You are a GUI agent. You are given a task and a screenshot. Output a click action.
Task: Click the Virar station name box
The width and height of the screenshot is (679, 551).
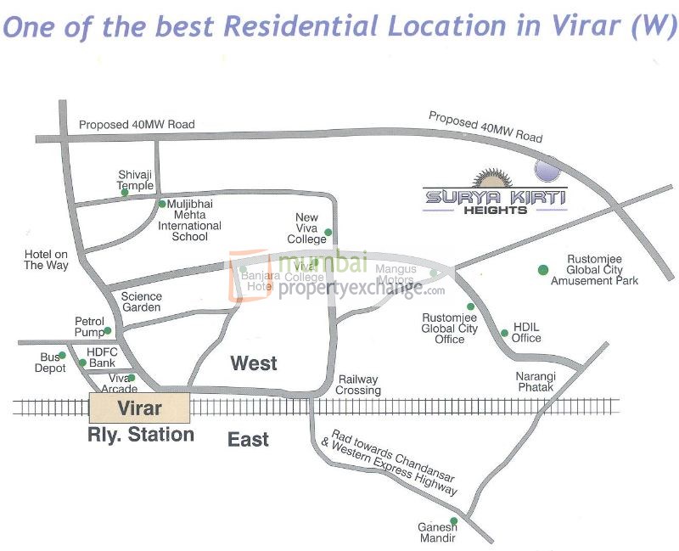pyautogui.click(x=139, y=408)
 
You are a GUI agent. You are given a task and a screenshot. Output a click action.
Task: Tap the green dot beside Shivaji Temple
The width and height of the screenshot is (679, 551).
pyautogui.click(x=125, y=193)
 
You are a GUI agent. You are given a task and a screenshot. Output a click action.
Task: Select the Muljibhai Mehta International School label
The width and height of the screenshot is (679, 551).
pyautogui.click(x=194, y=221)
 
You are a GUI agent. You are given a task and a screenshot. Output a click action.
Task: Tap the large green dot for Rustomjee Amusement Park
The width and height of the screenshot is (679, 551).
pyautogui.click(x=542, y=270)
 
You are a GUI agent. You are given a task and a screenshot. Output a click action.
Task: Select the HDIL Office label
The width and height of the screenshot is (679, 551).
pyautogui.click(x=526, y=332)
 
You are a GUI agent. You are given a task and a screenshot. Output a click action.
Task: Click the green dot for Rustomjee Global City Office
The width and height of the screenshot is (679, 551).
pyautogui.click(x=470, y=307)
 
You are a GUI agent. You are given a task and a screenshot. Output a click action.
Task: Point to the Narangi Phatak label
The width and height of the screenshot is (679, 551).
pyautogui.click(x=535, y=381)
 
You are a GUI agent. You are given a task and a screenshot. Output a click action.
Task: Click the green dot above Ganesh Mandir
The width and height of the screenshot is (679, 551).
pyautogui.click(x=453, y=520)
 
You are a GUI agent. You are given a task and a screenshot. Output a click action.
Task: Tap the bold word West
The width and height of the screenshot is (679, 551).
pyautogui.click(x=254, y=363)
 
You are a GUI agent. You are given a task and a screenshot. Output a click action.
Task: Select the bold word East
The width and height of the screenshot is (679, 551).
pyautogui.click(x=248, y=439)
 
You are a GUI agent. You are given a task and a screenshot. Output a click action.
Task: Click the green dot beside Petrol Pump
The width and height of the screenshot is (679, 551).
pyautogui.click(x=108, y=330)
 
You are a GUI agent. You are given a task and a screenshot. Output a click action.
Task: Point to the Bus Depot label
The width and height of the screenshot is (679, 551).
pyautogui.click(x=50, y=363)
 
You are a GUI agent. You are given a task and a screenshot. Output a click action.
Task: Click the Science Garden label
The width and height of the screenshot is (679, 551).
pyautogui.click(x=141, y=302)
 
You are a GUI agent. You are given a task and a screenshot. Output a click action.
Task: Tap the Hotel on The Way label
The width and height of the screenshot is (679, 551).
pyautogui.click(x=46, y=260)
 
